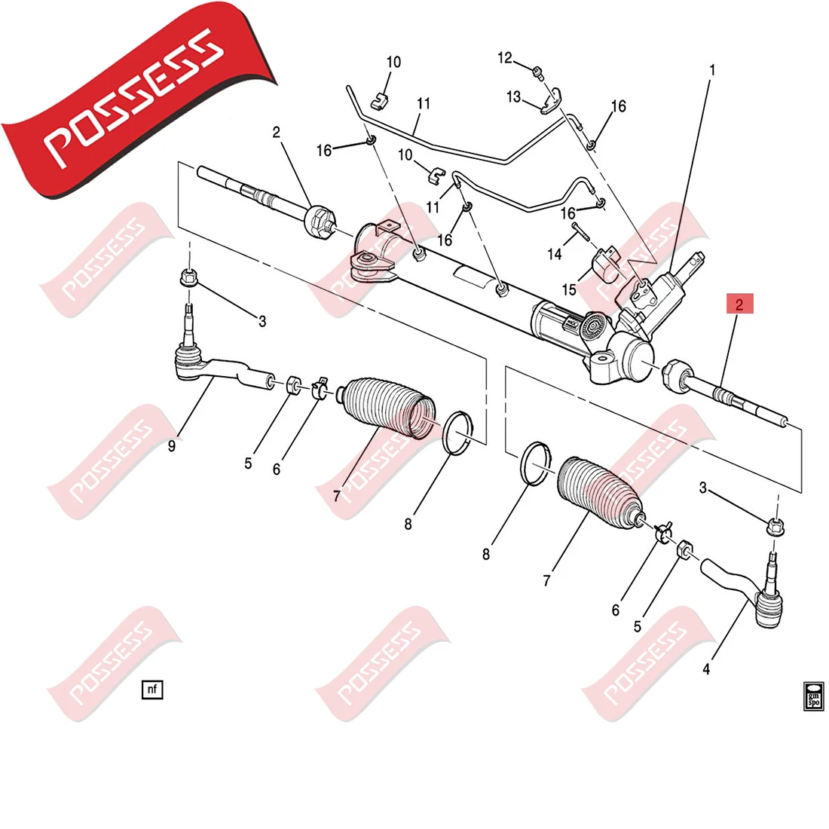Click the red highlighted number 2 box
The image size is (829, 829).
[x=739, y=304]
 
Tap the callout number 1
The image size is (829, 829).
[x=712, y=70]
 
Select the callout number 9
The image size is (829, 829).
[x=172, y=446]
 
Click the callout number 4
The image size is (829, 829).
[x=706, y=668]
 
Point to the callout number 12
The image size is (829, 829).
[x=504, y=58]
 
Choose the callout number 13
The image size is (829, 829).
[x=514, y=96]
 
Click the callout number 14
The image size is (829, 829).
[x=555, y=254]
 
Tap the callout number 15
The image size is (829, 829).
[x=568, y=289]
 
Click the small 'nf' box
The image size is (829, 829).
[x=152, y=688]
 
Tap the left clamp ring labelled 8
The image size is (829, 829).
[x=457, y=433]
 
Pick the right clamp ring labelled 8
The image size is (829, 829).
[x=536, y=462]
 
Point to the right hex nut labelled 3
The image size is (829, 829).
[x=774, y=525]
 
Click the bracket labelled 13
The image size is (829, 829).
[x=552, y=99]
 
